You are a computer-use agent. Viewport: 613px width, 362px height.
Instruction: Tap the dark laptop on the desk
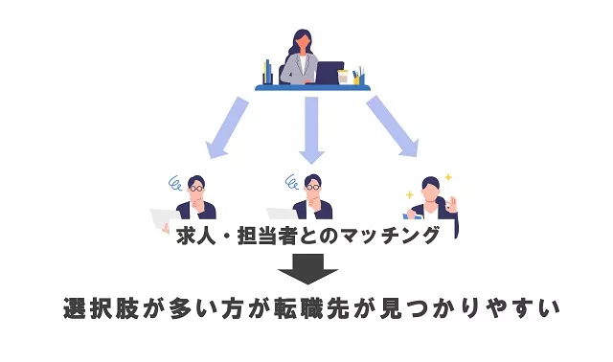pos(329,73)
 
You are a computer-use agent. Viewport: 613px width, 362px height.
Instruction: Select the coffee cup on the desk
pos(342,78)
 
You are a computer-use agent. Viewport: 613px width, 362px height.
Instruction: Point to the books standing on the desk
pos(267,72)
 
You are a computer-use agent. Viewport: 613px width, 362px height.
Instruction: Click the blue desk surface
pos(311,87)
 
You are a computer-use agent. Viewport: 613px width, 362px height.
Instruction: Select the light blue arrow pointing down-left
pos(226,125)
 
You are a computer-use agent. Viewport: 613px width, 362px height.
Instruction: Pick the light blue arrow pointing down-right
pos(394,125)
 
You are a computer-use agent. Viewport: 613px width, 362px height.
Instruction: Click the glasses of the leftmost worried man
pos(196,189)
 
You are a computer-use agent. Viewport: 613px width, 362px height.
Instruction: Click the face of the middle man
pos(312,189)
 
